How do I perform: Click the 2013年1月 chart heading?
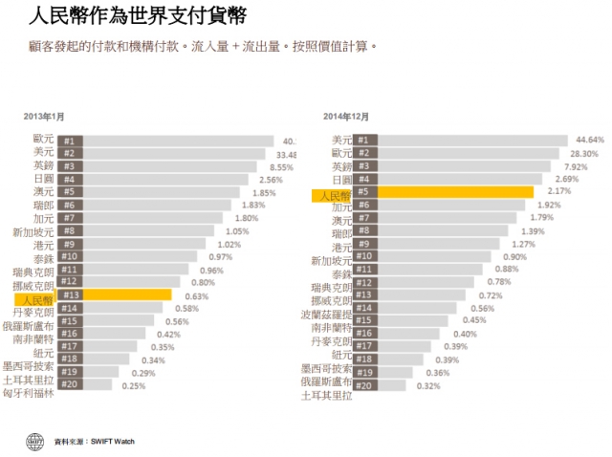(x=44, y=117)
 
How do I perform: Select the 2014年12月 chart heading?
(x=346, y=117)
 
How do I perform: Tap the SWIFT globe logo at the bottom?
(x=35, y=441)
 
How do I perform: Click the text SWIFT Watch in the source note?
(x=111, y=442)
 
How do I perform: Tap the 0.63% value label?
(x=197, y=295)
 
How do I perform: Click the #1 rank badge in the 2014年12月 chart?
(x=363, y=140)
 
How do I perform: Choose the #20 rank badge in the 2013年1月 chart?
(x=69, y=385)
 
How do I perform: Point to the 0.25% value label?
(x=133, y=385)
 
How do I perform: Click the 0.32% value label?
(x=427, y=385)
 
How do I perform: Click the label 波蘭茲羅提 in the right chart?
(x=325, y=314)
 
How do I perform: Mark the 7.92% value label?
(x=576, y=165)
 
